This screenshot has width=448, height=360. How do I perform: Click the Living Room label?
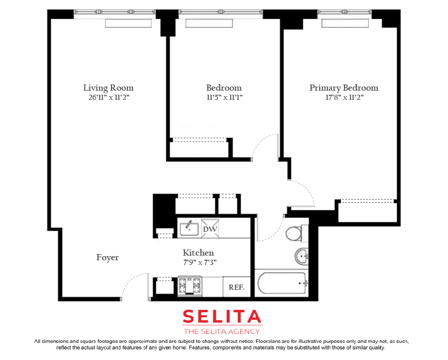point(108,88)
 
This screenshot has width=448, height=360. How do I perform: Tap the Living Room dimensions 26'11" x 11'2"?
point(109,97)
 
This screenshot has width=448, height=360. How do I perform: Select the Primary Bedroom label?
point(344,88)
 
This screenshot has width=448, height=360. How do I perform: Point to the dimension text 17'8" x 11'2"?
point(345,97)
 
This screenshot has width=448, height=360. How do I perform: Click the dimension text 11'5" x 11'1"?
point(225,97)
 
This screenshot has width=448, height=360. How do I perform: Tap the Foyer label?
point(107,258)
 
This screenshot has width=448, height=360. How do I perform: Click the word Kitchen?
point(198,253)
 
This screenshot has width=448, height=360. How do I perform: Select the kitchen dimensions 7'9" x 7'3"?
point(200,262)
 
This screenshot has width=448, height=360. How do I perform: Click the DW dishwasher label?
point(210,229)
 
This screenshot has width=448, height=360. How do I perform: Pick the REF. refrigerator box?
point(237,287)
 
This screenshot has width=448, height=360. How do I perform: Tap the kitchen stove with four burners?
point(189,286)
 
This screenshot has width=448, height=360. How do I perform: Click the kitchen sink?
point(189,229)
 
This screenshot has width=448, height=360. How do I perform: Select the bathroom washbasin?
point(301,256)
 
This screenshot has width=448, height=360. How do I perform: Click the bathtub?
point(282,284)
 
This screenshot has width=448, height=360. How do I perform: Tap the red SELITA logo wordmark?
point(222,317)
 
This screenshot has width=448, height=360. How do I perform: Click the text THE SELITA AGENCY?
point(222,331)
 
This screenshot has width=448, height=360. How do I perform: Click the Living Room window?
point(115,12)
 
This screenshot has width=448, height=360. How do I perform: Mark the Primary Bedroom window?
point(345,12)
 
